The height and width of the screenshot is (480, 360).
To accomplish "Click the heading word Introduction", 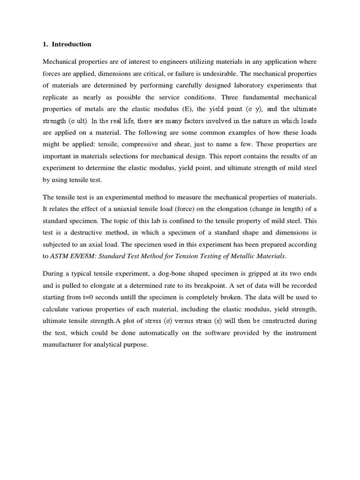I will pos(71,45).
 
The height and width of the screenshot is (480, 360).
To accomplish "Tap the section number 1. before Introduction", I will pos(45,45).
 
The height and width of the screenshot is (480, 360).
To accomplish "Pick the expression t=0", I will pos(89,297).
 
